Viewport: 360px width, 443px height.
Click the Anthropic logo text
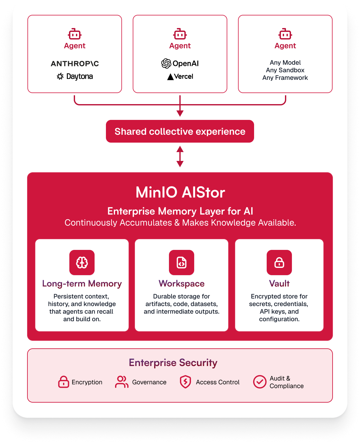pyautogui.click(x=75, y=64)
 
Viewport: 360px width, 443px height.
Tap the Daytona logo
pyautogui.click(x=75, y=76)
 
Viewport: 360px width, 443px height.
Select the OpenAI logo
pyautogui.click(x=180, y=63)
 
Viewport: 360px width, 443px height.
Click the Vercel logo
pyautogui.click(x=180, y=77)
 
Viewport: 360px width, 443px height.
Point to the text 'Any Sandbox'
pyautogui.click(x=285, y=70)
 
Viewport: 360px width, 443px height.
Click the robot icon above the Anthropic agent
pyautogui.click(x=75, y=34)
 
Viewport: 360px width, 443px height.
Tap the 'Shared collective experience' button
pyautogui.click(x=180, y=131)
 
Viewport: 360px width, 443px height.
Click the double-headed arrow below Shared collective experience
pyautogui.click(x=180, y=157)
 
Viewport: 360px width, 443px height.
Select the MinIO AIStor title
pyautogui.click(x=180, y=192)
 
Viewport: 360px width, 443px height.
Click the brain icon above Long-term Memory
pyautogui.click(x=82, y=263)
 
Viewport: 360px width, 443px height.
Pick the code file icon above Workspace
pyautogui.click(x=181, y=263)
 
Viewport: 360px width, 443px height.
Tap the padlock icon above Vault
pyautogui.click(x=279, y=263)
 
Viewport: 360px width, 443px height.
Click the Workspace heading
pyautogui.click(x=181, y=283)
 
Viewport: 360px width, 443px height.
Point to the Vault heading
pyautogui.click(x=279, y=283)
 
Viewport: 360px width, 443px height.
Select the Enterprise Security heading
pyautogui.click(x=173, y=363)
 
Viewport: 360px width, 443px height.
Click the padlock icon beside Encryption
pyautogui.click(x=63, y=382)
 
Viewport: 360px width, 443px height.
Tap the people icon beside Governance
pyautogui.click(x=122, y=382)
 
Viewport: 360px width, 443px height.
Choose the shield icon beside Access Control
pyautogui.click(x=185, y=382)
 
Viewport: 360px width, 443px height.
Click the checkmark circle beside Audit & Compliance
pyautogui.click(x=259, y=382)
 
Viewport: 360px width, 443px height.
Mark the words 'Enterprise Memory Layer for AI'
pyautogui.click(x=180, y=211)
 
